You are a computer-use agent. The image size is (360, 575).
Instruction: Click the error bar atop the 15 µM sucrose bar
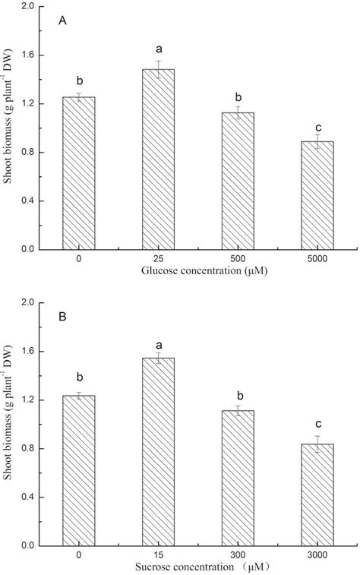(x=158, y=358)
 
